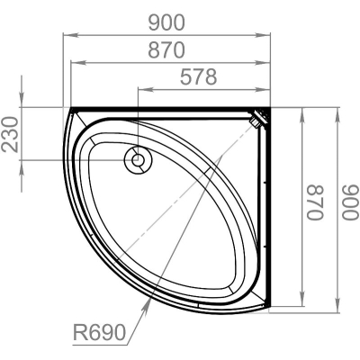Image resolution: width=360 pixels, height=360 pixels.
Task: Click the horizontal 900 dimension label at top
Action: pyautogui.click(x=166, y=22)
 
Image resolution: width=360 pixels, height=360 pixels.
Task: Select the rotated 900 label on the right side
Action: pyautogui.click(x=351, y=202)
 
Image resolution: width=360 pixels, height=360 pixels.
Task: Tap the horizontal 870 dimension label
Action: pyautogui.click(x=166, y=50)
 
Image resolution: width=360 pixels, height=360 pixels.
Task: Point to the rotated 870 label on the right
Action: pyautogui.click(x=315, y=202)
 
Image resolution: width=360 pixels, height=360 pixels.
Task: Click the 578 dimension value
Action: pyautogui.click(x=198, y=77)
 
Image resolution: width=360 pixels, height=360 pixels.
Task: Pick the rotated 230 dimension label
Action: pyautogui.click(x=10, y=134)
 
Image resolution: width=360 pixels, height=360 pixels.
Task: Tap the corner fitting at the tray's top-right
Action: pyautogui.click(x=258, y=118)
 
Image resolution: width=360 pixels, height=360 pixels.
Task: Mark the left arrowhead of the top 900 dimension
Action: pyautogui.click(x=70, y=35)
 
